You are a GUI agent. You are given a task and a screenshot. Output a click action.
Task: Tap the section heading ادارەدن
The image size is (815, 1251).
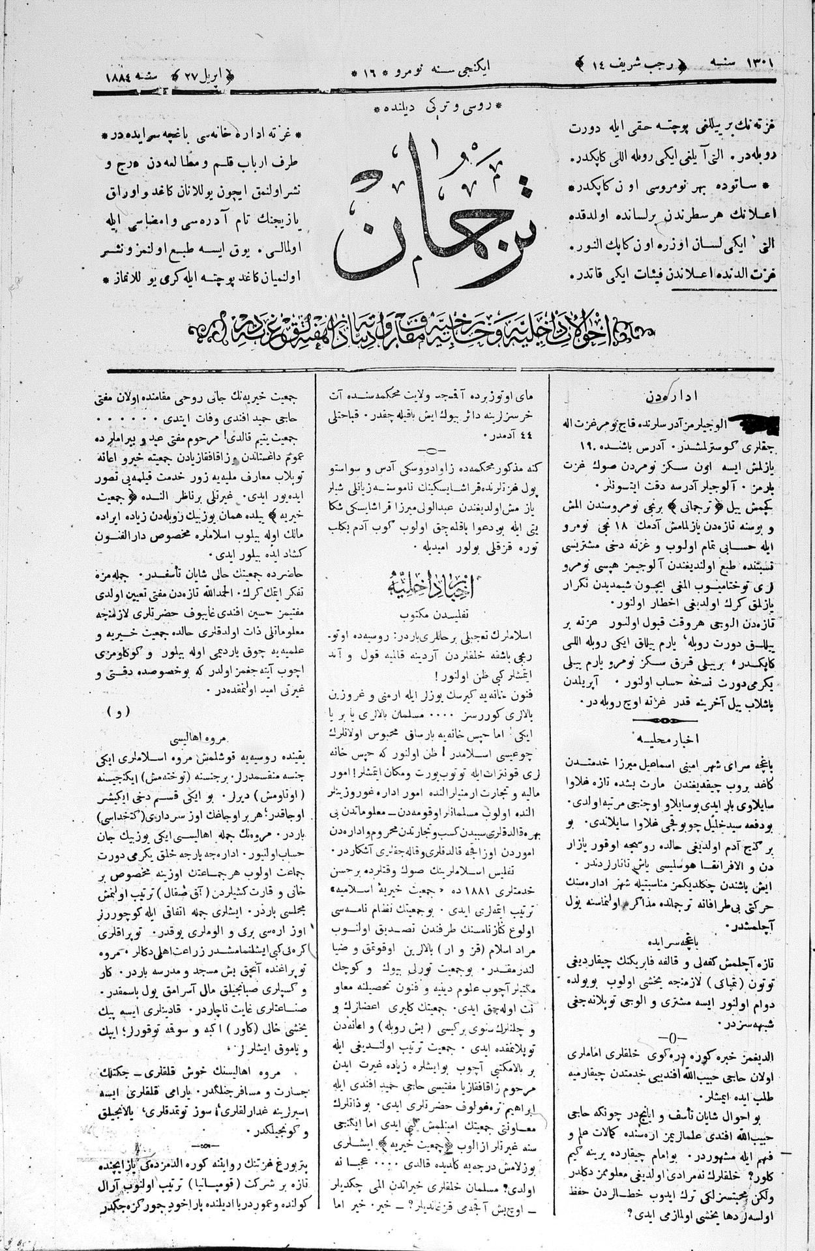click(x=662, y=396)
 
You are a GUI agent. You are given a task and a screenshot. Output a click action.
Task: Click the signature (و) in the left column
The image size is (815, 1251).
click(x=121, y=712)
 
